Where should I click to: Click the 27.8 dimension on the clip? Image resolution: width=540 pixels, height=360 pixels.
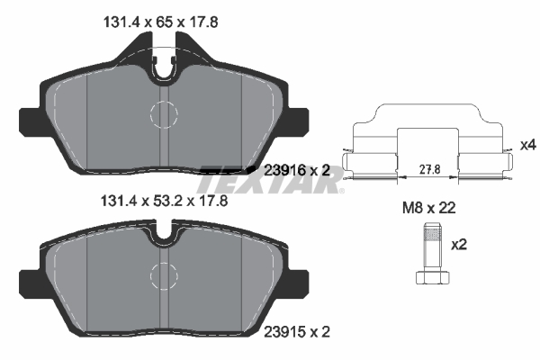[428, 166]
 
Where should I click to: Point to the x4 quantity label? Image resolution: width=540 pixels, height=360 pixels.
[527, 145]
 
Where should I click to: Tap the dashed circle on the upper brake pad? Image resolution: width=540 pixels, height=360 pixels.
[164, 113]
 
